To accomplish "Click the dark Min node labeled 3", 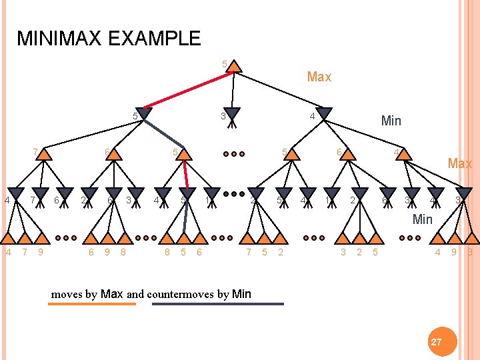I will click(231, 115).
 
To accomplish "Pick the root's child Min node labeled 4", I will click(324, 115).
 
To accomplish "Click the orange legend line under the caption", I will click(91, 304).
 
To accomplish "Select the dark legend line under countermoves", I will click(218, 304).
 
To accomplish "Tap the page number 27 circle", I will click(436, 341).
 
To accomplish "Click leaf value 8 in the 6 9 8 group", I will click(123, 252).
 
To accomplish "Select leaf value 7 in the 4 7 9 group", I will click(25, 252).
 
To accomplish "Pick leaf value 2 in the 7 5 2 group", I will click(280, 252).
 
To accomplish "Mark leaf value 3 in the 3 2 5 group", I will click(343, 252).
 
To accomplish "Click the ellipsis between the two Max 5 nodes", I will click(233, 154).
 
